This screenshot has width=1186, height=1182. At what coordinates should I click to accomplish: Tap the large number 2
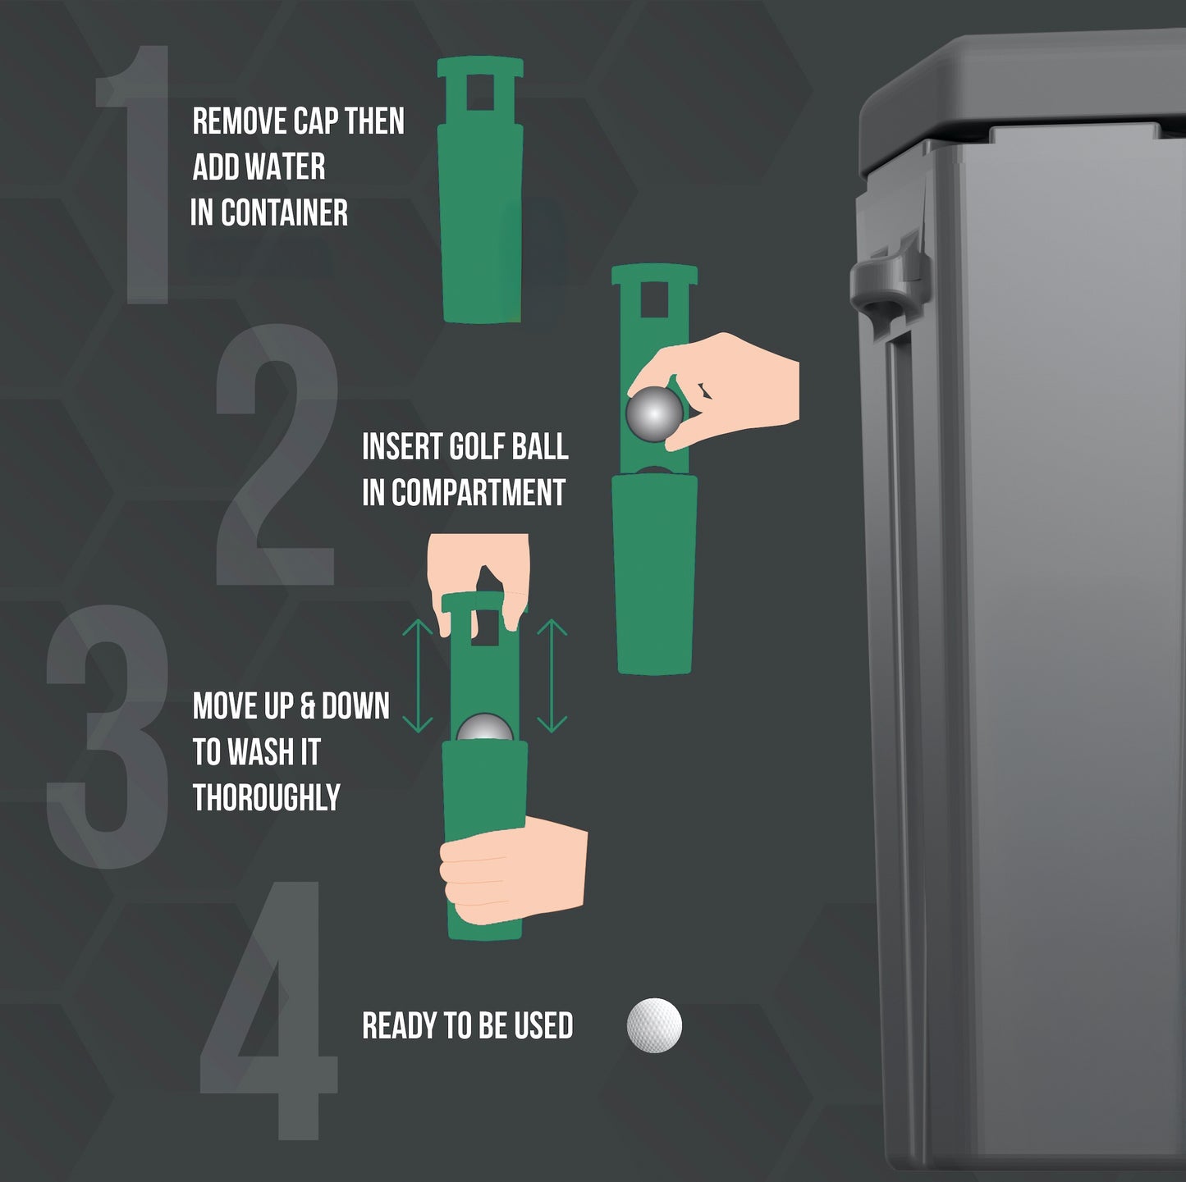click(x=277, y=454)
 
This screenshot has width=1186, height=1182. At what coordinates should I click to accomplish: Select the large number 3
click(x=108, y=736)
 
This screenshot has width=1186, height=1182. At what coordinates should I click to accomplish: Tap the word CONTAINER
click(x=284, y=212)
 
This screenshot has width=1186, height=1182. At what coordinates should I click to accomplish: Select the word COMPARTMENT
click(x=479, y=492)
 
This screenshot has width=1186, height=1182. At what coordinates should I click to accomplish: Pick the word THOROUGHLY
click(x=267, y=797)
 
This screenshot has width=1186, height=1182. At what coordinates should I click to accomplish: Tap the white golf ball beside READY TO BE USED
click(x=654, y=1025)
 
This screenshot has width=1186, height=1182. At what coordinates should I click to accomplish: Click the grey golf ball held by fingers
click(x=654, y=414)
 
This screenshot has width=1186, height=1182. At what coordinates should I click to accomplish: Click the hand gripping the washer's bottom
click(x=513, y=869)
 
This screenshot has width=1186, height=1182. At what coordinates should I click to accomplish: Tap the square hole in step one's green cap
click(x=480, y=93)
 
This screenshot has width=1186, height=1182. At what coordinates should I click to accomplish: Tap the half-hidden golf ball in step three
click(x=484, y=728)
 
